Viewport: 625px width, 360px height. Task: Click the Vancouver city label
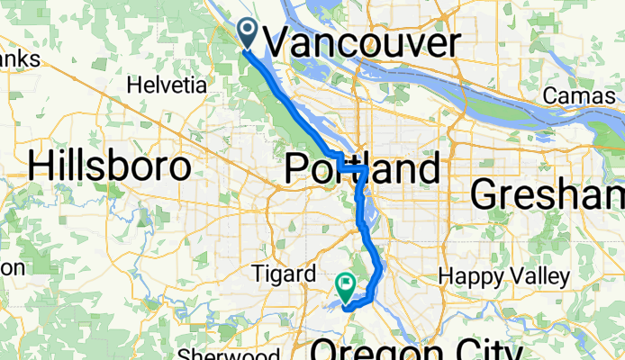tap(362, 42)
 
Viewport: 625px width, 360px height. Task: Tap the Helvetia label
tap(167, 86)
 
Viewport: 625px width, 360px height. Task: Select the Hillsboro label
tap(111, 166)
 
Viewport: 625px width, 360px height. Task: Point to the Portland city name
tap(363, 168)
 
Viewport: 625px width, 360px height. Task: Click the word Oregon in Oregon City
tap(369, 350)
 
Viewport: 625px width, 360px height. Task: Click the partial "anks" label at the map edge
tap(20, 59)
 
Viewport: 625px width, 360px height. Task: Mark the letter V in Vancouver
tap(281, 42)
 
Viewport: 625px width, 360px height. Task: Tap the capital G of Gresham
tap(486, 193)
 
